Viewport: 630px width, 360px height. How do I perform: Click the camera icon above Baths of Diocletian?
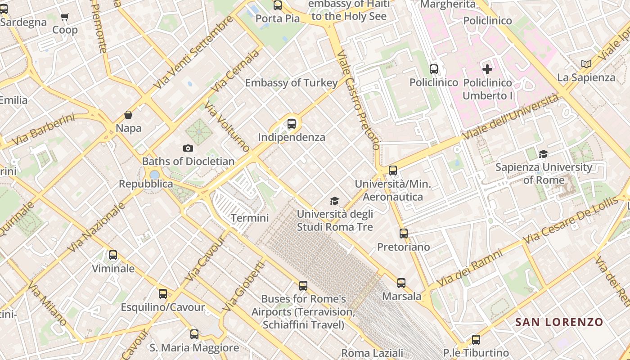(188, 148)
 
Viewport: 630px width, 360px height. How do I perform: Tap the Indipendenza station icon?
(292, 123)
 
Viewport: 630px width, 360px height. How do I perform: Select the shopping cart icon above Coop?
(65, 17)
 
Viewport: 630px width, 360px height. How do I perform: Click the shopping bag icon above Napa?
(128, 115)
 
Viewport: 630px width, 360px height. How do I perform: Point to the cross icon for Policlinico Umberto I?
(487, 69)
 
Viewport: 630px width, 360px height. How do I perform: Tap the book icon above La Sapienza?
(586, 64)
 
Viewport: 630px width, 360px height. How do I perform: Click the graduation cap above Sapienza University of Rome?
(544, 154)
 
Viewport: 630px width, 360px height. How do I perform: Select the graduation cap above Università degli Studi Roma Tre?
(334, 201)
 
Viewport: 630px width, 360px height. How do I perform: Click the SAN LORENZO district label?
(559, 322)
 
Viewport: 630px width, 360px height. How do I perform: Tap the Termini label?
(250, 218)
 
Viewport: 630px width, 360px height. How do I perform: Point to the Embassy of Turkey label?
(291, 83)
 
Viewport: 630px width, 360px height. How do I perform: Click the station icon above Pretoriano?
(404, 234)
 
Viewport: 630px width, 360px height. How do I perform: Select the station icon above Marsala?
(401, 283)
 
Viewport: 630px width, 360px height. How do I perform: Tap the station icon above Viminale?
(113, 255)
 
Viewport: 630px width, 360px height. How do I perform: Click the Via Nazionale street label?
(96, 228)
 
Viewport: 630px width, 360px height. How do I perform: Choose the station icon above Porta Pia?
(278, 5)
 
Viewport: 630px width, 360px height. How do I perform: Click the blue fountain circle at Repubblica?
(154, 175)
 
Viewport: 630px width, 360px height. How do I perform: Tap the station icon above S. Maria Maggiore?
(194, 334)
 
